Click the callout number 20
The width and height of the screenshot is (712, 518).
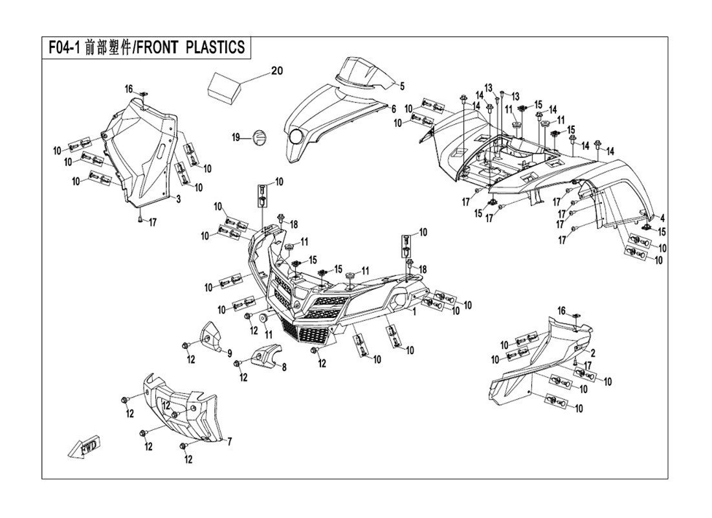(x=277, y=71)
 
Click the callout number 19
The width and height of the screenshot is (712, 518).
(x=236, y=137)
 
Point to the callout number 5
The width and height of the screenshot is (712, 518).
(x=401, y=85)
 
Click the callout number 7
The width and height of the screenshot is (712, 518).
(x=228, y=442)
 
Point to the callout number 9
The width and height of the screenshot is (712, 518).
(x=229, y=352)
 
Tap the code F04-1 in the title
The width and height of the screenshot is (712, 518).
(x=63, y=48)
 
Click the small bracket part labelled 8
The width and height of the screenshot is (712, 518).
(x=263, y=355)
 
